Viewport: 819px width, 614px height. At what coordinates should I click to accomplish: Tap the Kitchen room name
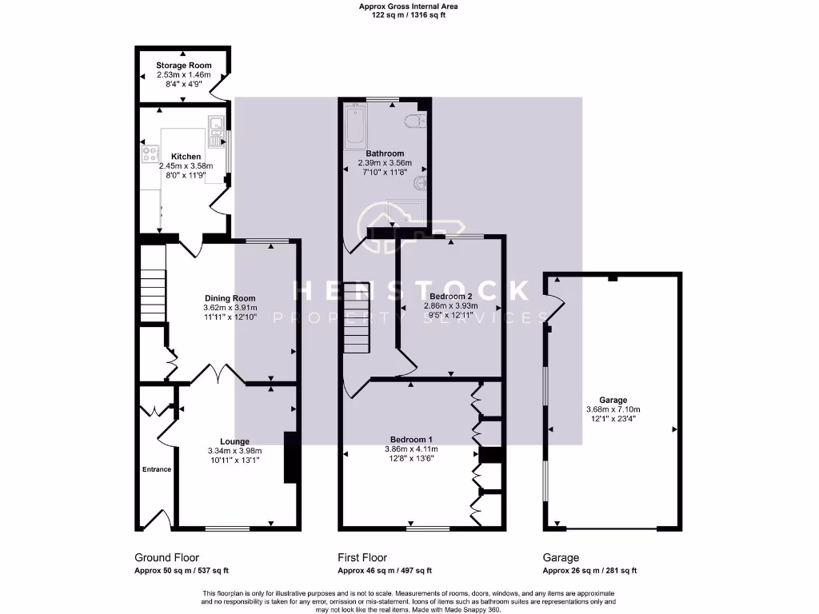(186, 156)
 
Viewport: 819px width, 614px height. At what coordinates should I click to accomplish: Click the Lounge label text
(234, 441)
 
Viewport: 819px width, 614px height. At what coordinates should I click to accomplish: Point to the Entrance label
(157, 469)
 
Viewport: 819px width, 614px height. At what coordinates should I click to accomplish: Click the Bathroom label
(385, 153)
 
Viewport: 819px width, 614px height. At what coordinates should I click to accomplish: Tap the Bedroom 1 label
(411, 440)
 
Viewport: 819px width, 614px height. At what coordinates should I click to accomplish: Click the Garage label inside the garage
(613, 400)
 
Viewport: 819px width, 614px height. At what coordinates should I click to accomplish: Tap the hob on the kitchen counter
(150, 153)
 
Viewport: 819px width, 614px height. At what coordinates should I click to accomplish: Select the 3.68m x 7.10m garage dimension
(613, 409)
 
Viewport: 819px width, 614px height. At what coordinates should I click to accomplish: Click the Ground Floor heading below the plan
(166, 558)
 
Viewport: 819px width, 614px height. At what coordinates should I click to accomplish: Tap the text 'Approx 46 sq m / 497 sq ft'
(385, 571)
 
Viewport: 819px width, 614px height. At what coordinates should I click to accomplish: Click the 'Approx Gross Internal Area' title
(409, 6)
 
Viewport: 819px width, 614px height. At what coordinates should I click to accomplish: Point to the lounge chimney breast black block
(290, 457)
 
